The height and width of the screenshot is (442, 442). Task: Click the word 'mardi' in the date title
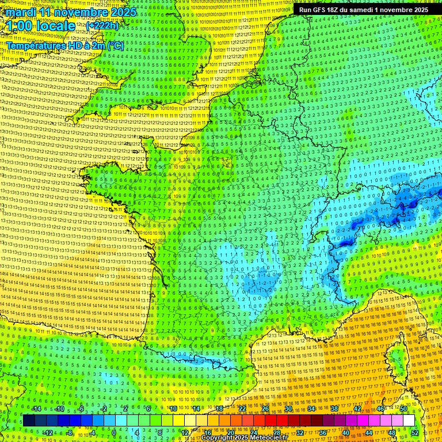tap(20, 12)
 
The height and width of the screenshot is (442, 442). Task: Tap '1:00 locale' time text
tap(41, 26)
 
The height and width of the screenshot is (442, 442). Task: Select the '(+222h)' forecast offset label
tap(102, 26)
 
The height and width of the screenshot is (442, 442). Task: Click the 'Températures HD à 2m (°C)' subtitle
tap(65, 45)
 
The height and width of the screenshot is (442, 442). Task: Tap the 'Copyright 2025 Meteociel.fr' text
tap(243, 437)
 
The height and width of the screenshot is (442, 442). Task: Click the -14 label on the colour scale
tap(37, 409)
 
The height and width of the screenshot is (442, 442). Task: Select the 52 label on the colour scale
tap(415, 432)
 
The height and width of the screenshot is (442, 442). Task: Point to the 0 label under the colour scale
tap(114, 432)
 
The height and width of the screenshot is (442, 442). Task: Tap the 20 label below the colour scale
tap(231, 432)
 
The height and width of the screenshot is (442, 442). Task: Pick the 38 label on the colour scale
tap(334, 409)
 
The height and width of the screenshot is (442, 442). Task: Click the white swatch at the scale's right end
tap(409, 421)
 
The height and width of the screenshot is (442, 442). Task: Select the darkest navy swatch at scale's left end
tap(28, 421)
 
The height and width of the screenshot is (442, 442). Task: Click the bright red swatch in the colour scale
tap(270, 421)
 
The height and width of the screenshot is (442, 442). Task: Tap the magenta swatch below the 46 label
tap(380, 421)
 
